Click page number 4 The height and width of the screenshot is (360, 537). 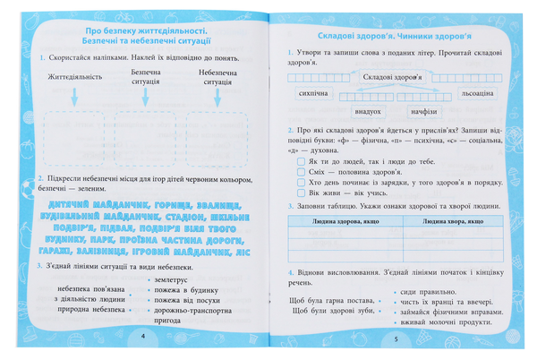142,335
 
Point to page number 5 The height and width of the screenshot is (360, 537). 395,338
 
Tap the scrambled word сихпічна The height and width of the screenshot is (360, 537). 315,93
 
